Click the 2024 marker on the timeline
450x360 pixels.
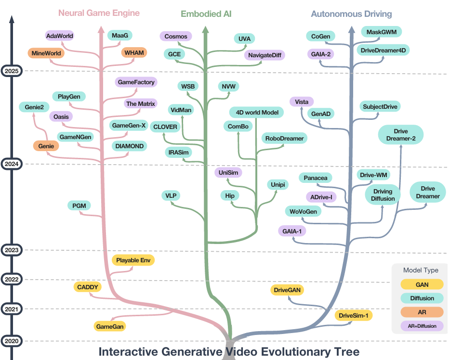pyautogui.click(x=11, y=164)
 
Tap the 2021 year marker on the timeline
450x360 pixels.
pyautogui.click(x=11, y=309)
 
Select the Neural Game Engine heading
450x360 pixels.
pyautogui.click(x=99, y=13)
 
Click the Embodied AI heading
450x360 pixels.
pyautogui.click(x=206, y=14)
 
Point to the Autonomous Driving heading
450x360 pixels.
pyautogui.click(x=351, y=14)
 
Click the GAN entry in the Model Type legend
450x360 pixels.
pyautogui.click(x=419, y=284)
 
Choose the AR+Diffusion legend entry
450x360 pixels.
pyautogui.click(x=419, y=326)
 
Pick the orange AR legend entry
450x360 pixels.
pyautogui.click(x=419, y=312)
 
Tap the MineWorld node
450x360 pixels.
pyautogui.click(x=46, y=53)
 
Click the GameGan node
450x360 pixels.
pyautogui.click(x=110, y=326)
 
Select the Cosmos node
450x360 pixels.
pyautogui.click(x=175, y=36)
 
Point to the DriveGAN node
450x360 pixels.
pyautogui.click(x=288, y=290)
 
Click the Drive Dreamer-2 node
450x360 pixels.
pyautogui.click(x=400, y=135)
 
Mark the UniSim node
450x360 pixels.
pyautogui.click(x=228, y=172)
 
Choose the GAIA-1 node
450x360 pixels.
pyautogui.click(x=292, y=231)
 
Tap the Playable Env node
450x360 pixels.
pyautogui.click(x=133, y=260)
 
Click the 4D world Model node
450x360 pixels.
pyautogui.click(x=256, y=113)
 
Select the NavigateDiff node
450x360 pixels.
pyautogui.click(x=265, y=55)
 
